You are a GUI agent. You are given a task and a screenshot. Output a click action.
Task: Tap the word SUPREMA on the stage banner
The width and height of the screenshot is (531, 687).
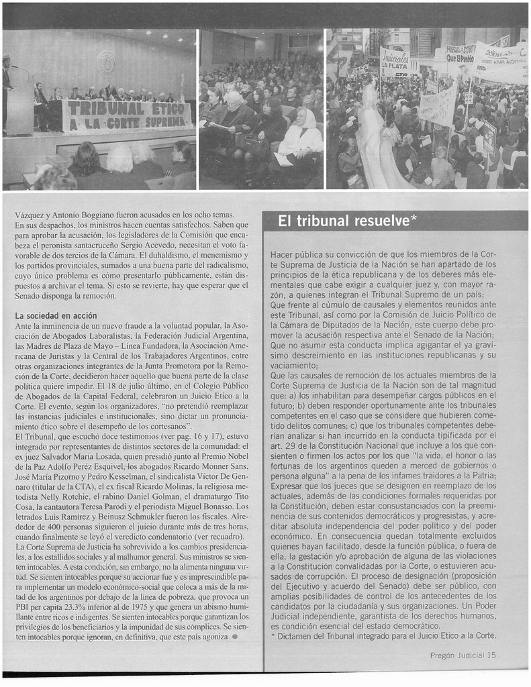(x=162, y=121)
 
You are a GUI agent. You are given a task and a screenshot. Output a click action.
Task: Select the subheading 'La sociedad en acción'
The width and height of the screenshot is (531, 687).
(x=56, y=315)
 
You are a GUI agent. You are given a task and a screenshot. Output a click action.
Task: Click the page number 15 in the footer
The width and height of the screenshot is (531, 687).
(x=492, y=655)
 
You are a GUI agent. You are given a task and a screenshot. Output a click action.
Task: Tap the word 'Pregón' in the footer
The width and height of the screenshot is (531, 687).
(x=444, y=655)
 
